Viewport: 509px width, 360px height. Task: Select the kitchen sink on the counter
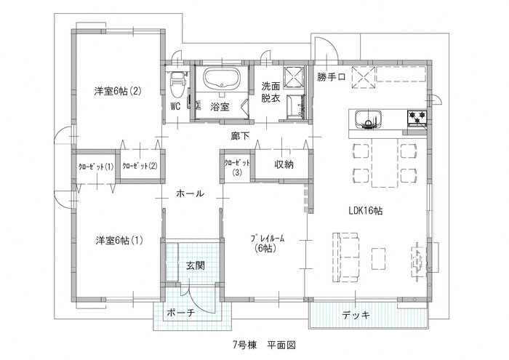click(x=365, y=119)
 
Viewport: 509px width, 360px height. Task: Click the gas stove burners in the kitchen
click(x=417, y=117)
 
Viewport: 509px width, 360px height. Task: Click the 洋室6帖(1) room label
click(x=118, y=241)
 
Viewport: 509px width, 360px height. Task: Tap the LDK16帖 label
click(x=366, y=210)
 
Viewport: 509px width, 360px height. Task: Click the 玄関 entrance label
click(x=194, y=265)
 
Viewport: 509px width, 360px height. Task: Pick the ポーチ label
click(x=180, y=313)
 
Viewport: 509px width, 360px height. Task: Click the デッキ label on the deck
click(x=356, y=315)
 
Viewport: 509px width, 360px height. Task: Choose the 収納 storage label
click(x=284, y=165)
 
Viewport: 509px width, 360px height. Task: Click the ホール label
click(x=190, y=193)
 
